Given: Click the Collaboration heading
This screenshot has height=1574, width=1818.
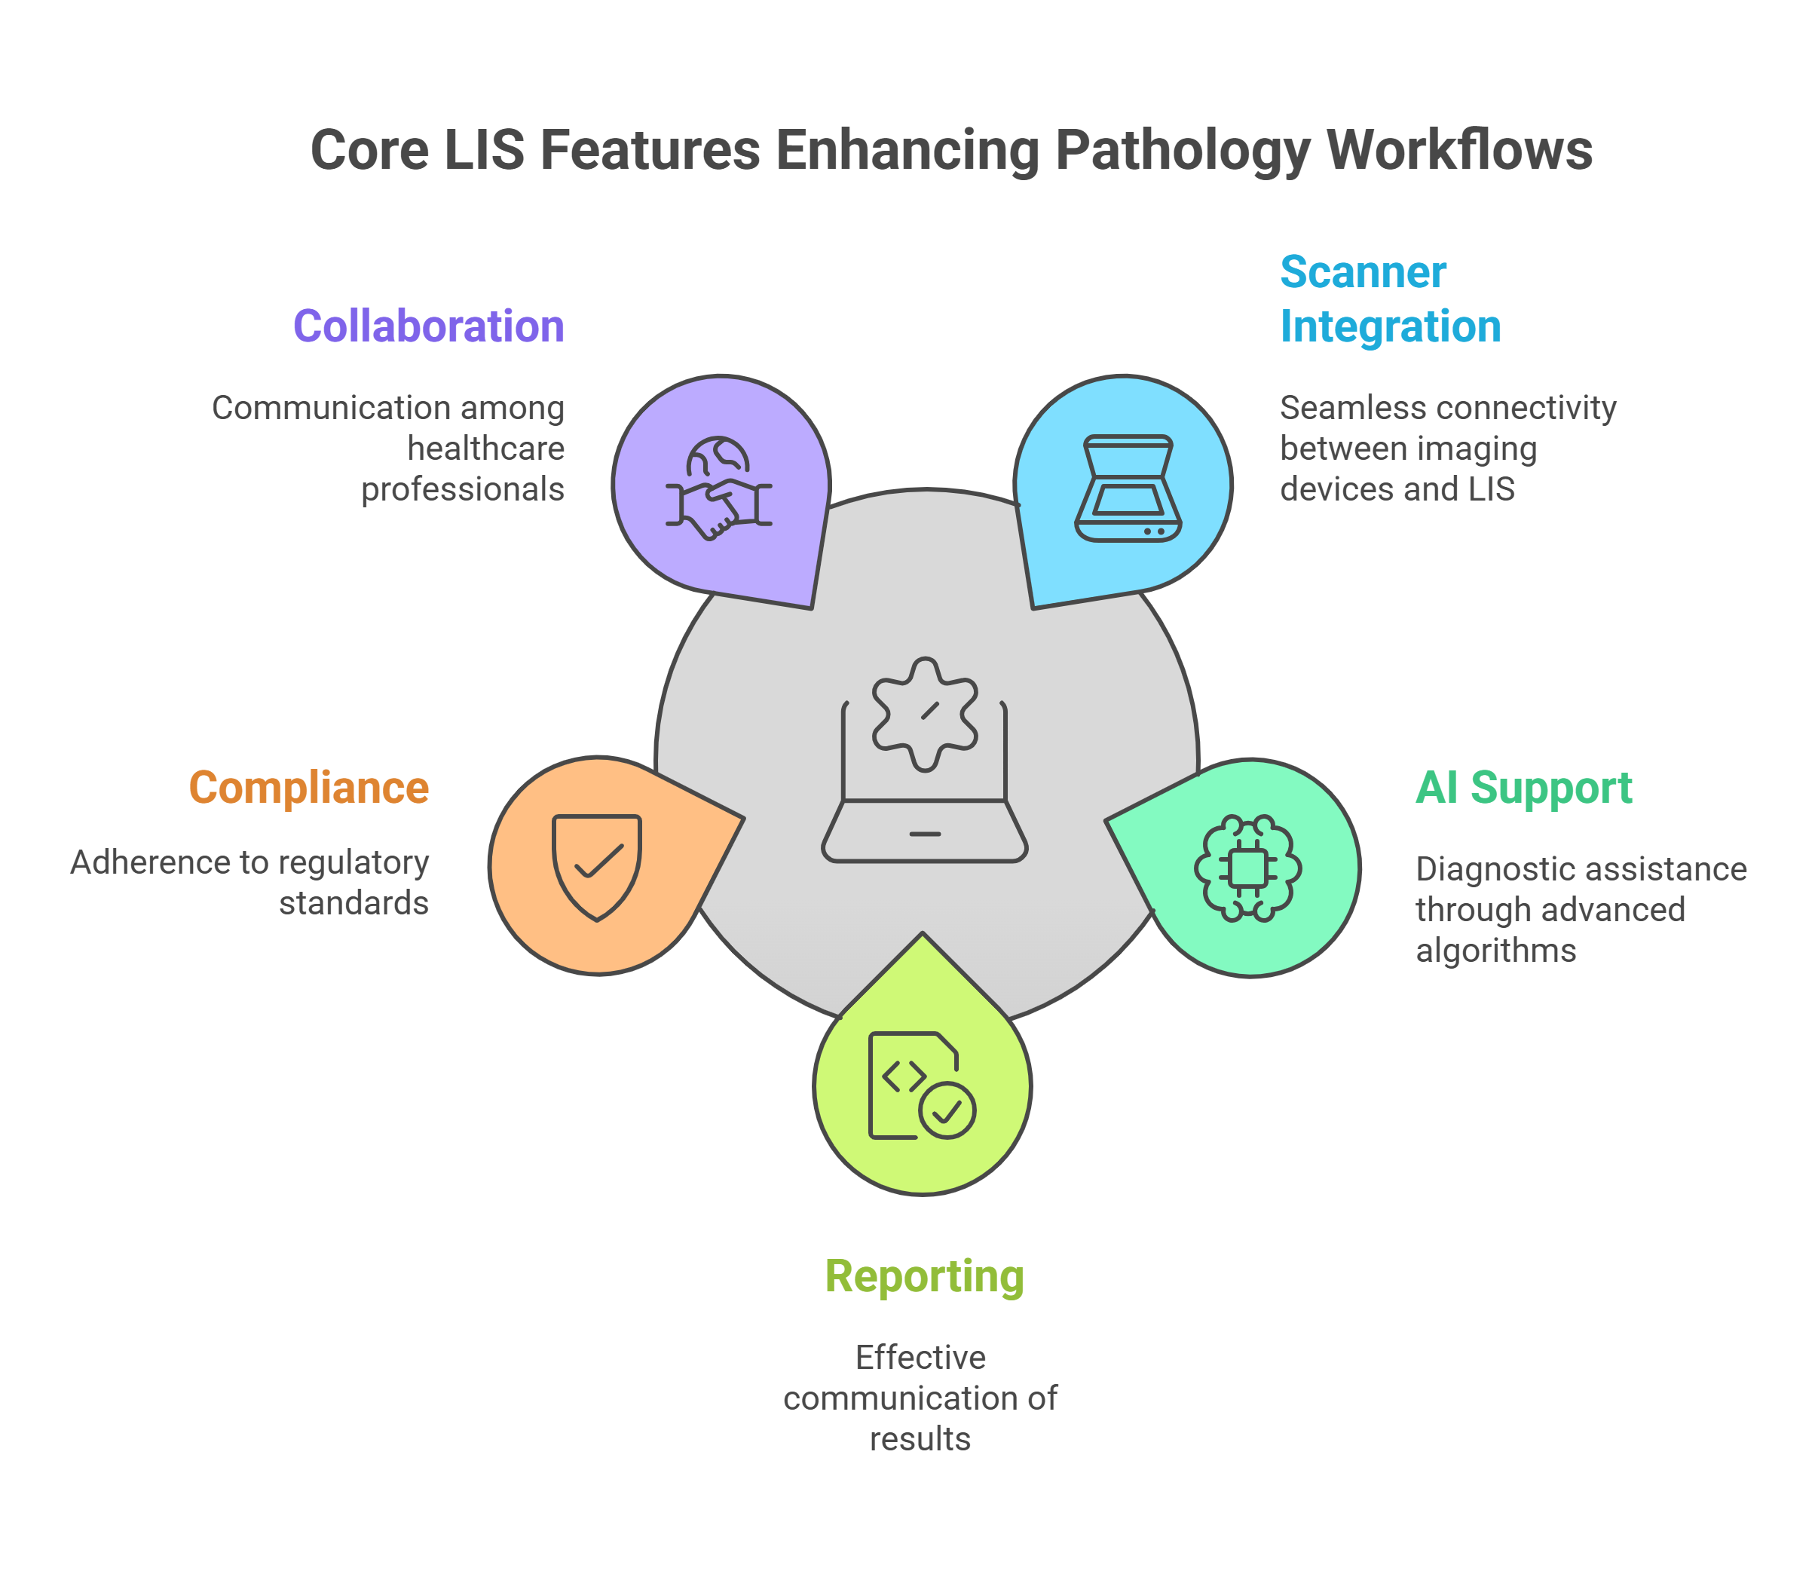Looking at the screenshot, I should (x=429, y=326).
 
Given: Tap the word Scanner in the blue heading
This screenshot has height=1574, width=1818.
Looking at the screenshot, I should (x=1362, y=272).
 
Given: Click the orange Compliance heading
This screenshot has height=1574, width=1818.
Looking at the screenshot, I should (x=309, y=787).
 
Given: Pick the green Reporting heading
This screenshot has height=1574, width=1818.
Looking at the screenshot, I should (x=924, y=1276).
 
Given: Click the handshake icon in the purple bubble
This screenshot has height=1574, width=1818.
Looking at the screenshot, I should (x=718, y=488).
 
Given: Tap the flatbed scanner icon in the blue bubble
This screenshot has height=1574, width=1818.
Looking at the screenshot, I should (x=1128, y=488).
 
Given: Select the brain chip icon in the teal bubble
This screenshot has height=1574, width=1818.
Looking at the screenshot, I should (x=1248, y=868).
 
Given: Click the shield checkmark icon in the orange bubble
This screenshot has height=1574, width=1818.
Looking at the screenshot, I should (x=597, y=866).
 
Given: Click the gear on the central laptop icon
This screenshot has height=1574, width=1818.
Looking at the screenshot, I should (x=924, y=714).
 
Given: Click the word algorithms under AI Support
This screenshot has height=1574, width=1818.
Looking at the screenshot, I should (x=1495, y=951).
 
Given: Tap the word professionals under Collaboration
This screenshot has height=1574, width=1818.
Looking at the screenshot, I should (x=463, y=489).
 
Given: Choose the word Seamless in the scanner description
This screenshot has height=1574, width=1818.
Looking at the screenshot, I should (x=1341, y=408).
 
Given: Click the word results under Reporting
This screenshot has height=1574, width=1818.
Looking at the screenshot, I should (x=920, y=1439).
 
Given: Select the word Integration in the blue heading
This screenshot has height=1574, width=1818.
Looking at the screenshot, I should (x=1391, y=326).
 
